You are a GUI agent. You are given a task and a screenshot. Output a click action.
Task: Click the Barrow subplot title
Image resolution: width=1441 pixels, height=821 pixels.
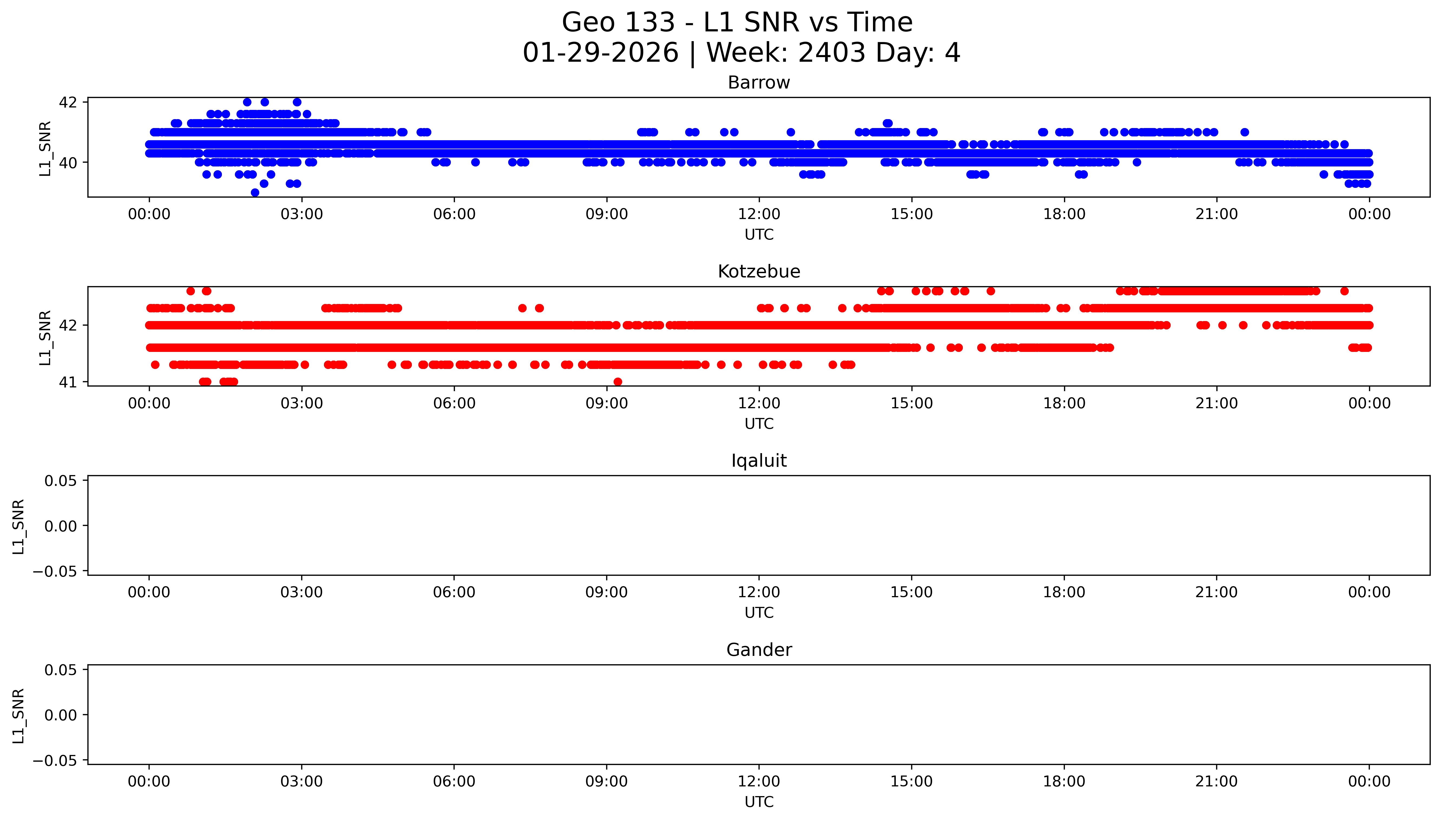759,83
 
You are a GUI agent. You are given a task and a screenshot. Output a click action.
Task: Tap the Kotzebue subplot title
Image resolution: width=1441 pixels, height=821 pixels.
759,272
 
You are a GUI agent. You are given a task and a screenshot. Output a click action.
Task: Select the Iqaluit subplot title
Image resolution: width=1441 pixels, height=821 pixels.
759,461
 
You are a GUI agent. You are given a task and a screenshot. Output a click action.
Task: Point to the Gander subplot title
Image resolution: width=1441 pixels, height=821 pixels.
759,650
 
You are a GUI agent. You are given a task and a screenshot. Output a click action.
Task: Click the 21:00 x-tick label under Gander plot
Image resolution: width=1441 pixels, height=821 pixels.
1216,781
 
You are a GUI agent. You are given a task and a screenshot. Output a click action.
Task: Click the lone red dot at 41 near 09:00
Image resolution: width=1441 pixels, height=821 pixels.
618,382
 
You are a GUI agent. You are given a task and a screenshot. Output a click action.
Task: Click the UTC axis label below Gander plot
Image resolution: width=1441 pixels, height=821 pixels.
759,802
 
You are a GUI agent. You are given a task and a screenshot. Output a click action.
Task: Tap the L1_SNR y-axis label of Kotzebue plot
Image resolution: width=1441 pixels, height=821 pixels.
45,337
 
